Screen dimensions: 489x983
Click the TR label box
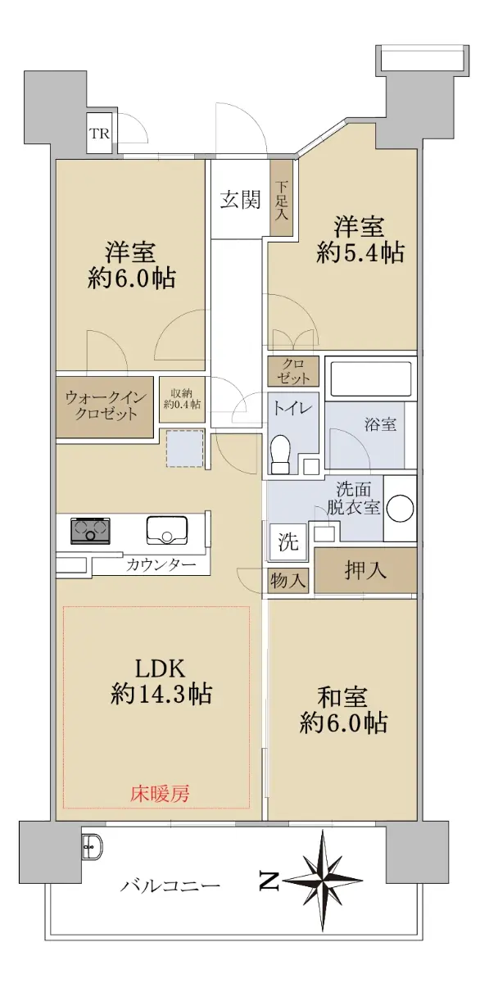tap(100, 133)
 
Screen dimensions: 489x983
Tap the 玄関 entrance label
tap(240, 199)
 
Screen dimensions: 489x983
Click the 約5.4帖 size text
tap(360, 252)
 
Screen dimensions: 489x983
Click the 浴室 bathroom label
tap(380, 424)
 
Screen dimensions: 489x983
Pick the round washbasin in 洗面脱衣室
tap(401, 508)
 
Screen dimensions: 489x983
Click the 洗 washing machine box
tap(288, 541)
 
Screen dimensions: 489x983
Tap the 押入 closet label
tap(365, 570)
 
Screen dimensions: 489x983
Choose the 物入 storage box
tap(288, 581)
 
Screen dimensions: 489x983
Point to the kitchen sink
tap(167, 529)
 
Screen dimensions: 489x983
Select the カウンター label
tap(161, 564)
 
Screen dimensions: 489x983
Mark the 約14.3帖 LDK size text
tap(161, 694)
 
